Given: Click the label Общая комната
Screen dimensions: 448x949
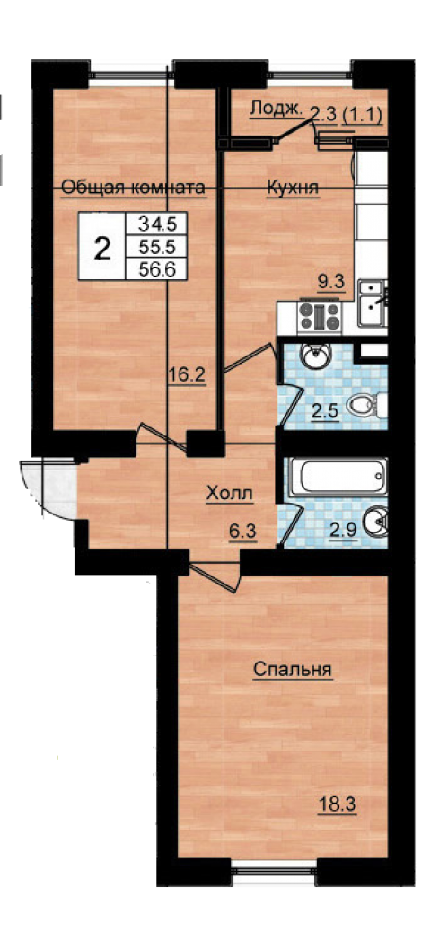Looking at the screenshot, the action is [x=134, y=188].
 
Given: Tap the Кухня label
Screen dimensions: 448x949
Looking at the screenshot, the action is [x=293, y=188].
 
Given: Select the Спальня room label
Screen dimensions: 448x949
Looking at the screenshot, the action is [x=293, y=670].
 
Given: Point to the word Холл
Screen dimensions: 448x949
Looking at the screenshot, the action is [x=230, y=495].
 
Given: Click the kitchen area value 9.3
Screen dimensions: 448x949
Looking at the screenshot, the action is [x=332, y=281].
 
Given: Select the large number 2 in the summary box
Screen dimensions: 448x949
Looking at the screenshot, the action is [x=103, y=248].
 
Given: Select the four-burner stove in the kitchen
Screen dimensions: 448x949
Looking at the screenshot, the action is [x=321, y=315].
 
